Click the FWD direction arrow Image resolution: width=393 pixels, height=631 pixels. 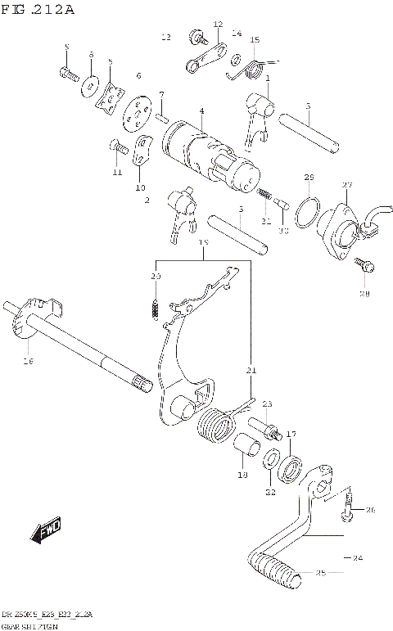(x=46, y=531)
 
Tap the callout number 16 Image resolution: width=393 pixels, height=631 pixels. (x=28, y=359)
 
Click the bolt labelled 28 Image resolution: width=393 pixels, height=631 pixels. (x=367, y=266)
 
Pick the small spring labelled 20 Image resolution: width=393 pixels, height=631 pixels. (x=152, y=306)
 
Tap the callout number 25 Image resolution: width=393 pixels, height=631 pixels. (x=320, y=573)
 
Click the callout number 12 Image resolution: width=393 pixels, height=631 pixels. (x=218, y=25)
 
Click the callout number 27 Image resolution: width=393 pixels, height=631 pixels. (x=347, y=185)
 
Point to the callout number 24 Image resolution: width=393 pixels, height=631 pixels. (x=356, y=558)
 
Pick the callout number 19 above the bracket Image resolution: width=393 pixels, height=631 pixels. (x=203, y=243)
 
